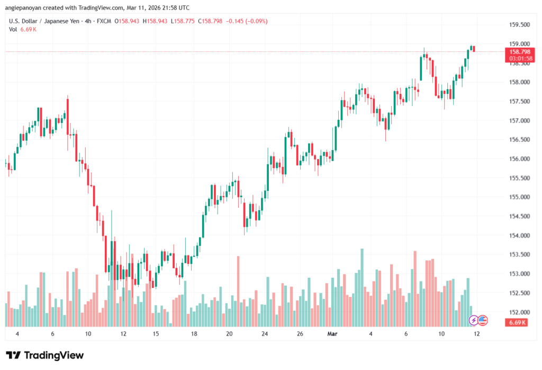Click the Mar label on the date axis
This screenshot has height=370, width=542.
pyautogui.click(x=332, y=334)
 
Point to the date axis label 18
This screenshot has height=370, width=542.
pyautogui.click(x=194, y=334)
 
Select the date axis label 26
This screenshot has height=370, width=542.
pyautogui.click(x=300, y=334)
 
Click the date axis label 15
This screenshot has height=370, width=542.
pyautogui.click(x=156, y=334)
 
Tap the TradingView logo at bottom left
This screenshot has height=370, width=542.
pyautogui.click(x=45, y=355)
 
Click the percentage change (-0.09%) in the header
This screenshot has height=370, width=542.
pyautogui.click(x=255, y=21)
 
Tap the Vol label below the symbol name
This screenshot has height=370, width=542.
pyautogui.click(x=13, y=29)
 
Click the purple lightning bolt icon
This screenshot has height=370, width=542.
pyautogui.click(x=474, y=320)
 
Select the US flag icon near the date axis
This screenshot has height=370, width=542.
pyautogui.click(x=483, y=320)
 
